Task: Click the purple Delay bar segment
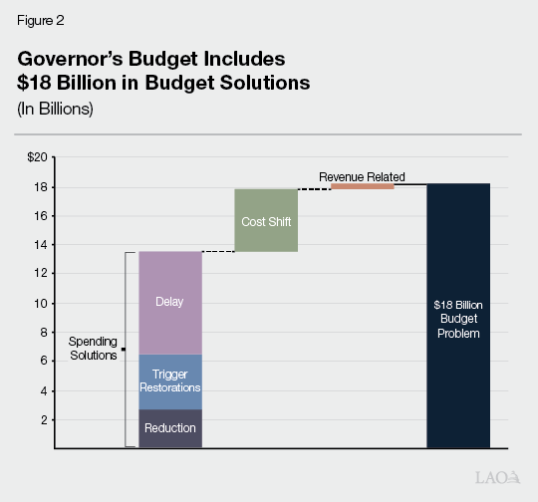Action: tap(170, 302)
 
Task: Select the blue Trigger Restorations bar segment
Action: tap(170, 381)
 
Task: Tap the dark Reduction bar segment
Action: tap(170, 428)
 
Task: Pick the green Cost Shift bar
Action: tap(266, 220)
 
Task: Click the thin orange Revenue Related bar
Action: tap(363, 186)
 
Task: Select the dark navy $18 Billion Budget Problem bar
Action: tap(458, 316)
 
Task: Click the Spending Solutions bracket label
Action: tap(92, 349)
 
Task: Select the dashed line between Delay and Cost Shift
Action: tap(218, 251)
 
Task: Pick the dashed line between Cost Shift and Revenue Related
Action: tap(314, 188)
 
